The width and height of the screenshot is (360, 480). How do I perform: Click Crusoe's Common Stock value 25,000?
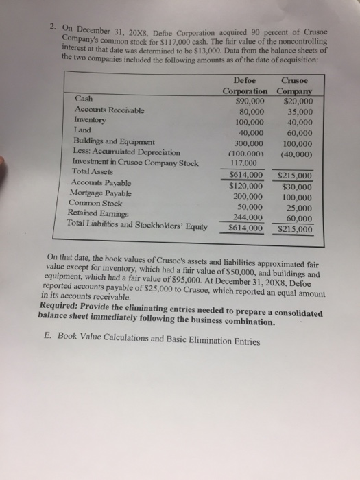[296, 207]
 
